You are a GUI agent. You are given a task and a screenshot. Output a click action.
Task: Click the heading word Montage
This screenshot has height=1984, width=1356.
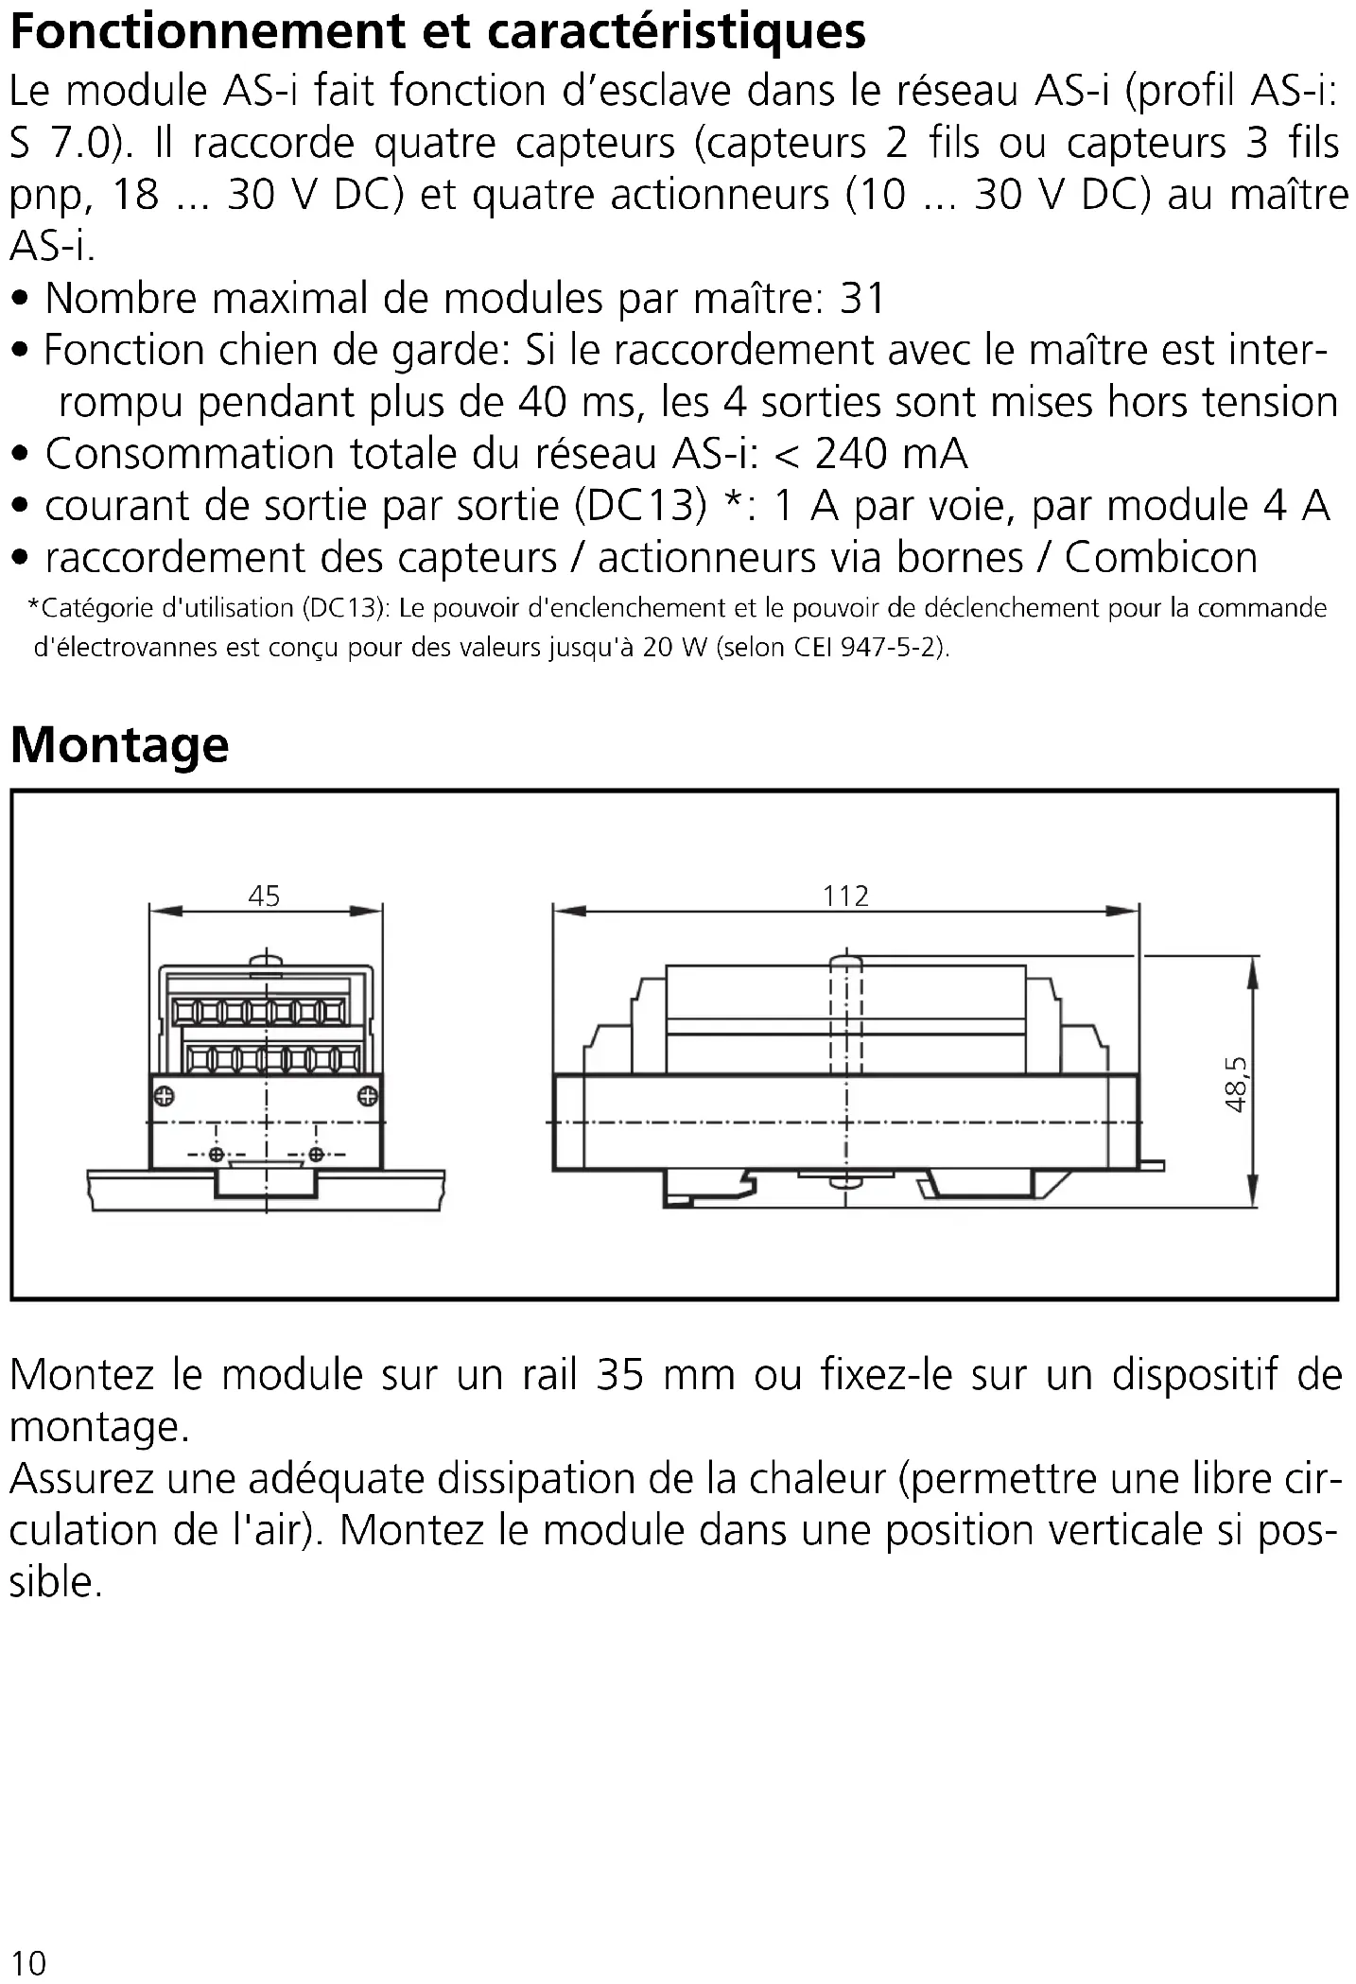click(119, 745)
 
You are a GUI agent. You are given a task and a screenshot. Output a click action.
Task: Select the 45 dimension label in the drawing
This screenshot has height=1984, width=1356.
click(264, 896)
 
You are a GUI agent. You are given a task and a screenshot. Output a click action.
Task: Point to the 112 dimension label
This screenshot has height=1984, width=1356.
click(844, 896)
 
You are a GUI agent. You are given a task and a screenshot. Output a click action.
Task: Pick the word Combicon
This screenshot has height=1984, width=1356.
click(1160, 558)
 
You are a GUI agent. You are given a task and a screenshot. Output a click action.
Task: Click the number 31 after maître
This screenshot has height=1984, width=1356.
click(861, 299)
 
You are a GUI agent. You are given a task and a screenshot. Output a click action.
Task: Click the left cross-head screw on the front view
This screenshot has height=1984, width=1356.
click(165, 1097)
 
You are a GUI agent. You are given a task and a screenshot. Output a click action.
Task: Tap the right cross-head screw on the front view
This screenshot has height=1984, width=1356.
click(368, 1097)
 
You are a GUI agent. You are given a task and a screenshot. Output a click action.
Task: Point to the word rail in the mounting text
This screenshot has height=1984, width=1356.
click(549, 1375)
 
